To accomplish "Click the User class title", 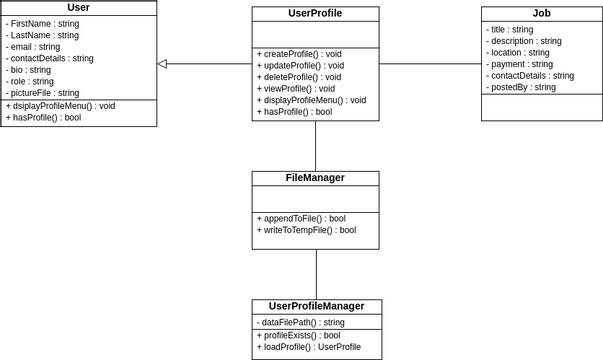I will [x=78, y=7].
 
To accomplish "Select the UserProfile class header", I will [x=315, y=14].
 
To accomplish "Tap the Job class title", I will [x=541, y=14].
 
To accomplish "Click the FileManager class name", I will [x=315, y=178].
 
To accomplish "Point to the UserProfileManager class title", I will [x=316, y=306].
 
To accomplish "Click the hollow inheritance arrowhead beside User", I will [x=163, y=64].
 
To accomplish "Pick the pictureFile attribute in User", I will [x=45, y=93].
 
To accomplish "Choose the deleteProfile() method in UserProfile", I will [x=299, y=77].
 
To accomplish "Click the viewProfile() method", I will [x=296, y=89].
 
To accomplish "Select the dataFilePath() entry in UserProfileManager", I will [x=301, y=323].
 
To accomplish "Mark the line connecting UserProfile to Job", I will [x=430, y=64].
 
